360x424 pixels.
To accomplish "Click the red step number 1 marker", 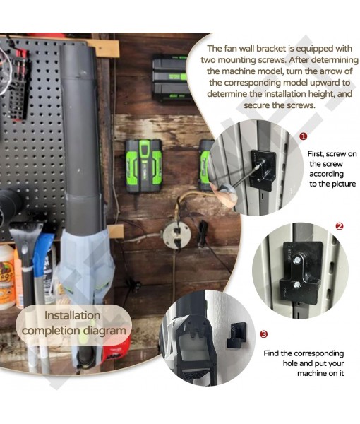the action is coord(304,136).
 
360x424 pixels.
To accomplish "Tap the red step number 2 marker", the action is coord(340,226).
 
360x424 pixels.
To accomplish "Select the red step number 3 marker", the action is coord(263,334).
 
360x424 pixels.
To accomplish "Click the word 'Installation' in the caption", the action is coord(73,316).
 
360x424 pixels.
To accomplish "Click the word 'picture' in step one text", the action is coord(342,184).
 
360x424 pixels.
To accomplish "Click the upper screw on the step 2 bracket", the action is coord(296,260).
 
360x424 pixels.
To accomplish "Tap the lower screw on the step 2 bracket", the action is coord(297,284).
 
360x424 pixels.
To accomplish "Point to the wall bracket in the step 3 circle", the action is coord(236,335).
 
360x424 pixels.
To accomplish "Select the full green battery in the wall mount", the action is coord(143,166).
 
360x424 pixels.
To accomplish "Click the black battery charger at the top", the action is coord(170,78).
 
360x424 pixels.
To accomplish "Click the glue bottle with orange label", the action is coord(6,276).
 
